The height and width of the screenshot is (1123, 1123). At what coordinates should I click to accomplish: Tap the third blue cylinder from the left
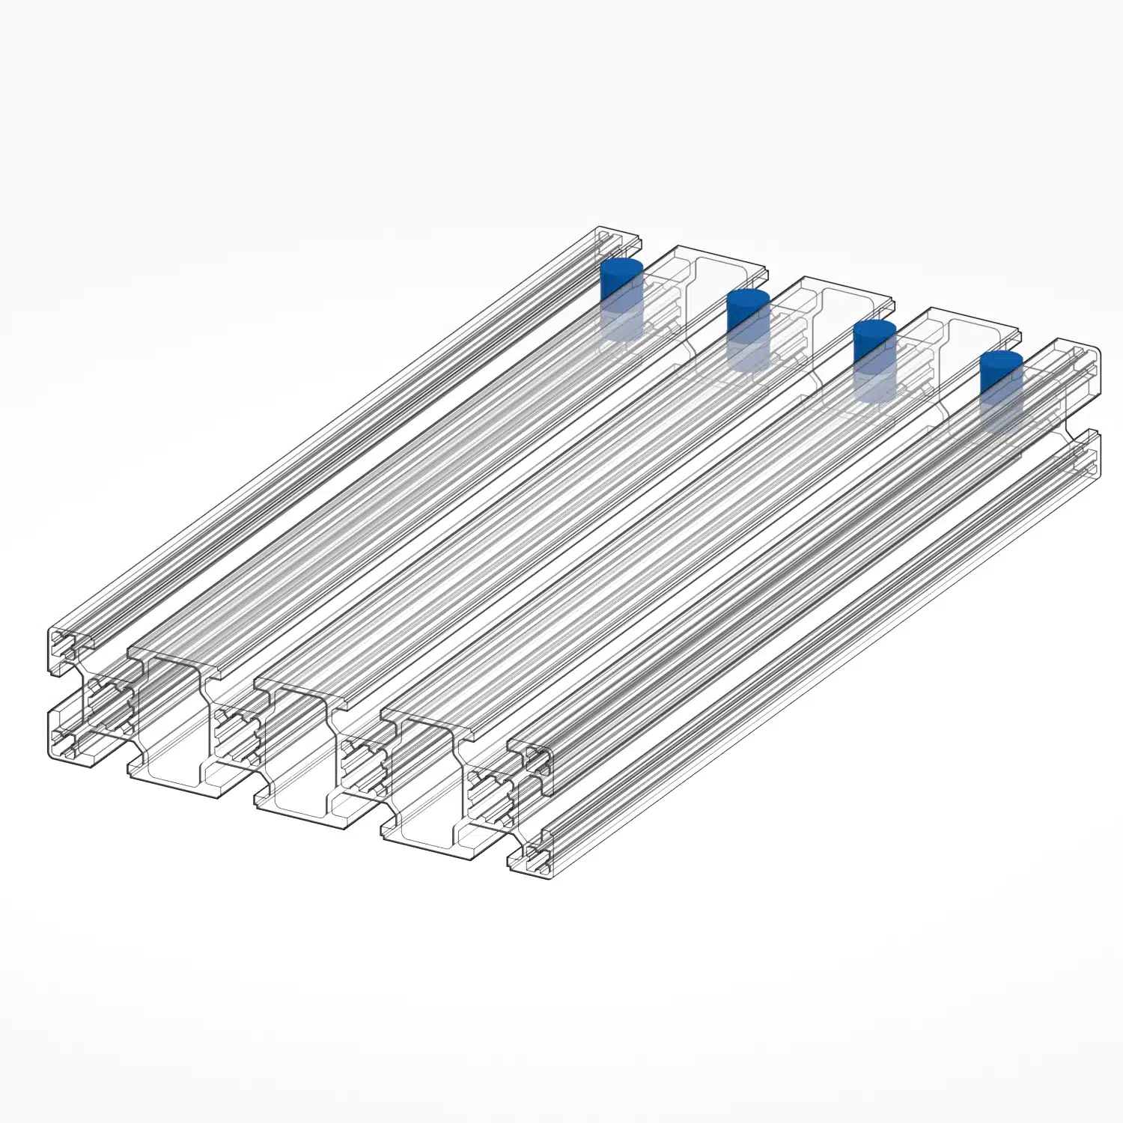[x=874, y=359]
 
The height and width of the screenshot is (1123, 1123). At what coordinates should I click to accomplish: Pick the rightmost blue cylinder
[x=1001, y=389]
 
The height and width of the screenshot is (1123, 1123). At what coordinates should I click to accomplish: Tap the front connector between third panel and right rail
[x=491, y=794]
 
